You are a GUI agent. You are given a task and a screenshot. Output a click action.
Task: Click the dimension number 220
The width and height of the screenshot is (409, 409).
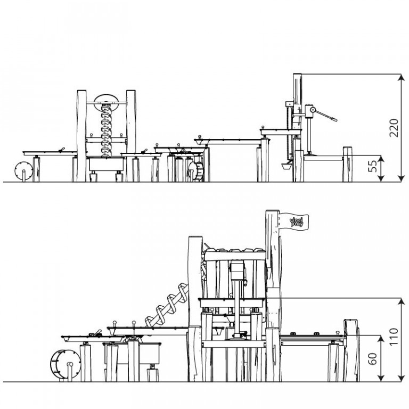(x=394, y=128)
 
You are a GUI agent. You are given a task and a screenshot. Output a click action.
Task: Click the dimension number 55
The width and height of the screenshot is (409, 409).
(x=372, y=166)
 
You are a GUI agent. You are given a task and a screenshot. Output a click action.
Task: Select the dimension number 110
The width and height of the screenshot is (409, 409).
(x=394, y=337)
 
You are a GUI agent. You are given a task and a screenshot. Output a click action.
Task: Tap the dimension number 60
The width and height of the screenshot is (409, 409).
(x=372, y=358)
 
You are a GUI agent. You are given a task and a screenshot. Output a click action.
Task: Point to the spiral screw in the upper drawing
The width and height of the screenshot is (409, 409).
(x=106, y=130)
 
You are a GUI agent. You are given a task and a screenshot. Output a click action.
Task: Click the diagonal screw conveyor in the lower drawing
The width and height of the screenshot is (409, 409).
(x=167, y=305)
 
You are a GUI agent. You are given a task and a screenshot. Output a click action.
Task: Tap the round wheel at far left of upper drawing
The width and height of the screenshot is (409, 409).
(x=24, y=170)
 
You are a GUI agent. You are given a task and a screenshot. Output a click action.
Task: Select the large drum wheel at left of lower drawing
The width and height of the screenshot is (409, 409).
(x=65, y=364)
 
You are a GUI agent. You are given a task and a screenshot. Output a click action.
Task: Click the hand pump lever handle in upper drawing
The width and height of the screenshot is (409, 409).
(x=326, y=115)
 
